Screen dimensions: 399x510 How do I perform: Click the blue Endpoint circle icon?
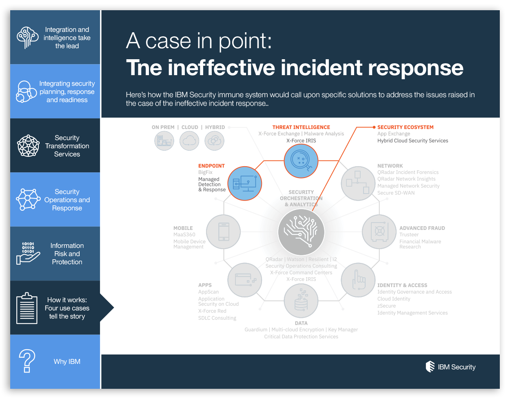point(244,183)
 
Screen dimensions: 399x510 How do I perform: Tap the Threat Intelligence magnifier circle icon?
point(301,160)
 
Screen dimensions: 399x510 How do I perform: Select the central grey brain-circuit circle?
point(301,231)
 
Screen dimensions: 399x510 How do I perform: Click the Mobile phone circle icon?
point(223,232)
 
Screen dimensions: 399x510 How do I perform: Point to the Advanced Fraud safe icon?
point(379,232)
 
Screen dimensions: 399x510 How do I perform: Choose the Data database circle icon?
point(301,301)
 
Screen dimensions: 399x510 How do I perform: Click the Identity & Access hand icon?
point(358,280)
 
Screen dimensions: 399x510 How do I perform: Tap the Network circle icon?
point(358,183)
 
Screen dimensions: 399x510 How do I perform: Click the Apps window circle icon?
point(244,280)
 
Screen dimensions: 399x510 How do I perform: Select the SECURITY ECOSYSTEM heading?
point(405,127)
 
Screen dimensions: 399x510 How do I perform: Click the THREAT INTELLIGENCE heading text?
point(301,127)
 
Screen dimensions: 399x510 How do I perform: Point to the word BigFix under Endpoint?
point(205,172)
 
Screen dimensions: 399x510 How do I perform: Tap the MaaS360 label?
point(184,235)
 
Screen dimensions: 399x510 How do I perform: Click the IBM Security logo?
point(450,367)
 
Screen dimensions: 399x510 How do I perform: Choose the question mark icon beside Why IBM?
point(27,361)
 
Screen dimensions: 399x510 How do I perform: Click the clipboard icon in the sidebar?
point(27,308)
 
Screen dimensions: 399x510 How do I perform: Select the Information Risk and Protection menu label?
point(67,254)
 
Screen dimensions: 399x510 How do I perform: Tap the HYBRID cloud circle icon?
point(215,141)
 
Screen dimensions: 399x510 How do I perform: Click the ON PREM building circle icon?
point(164,141)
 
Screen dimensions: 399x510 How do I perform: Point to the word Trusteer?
point(409,235)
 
